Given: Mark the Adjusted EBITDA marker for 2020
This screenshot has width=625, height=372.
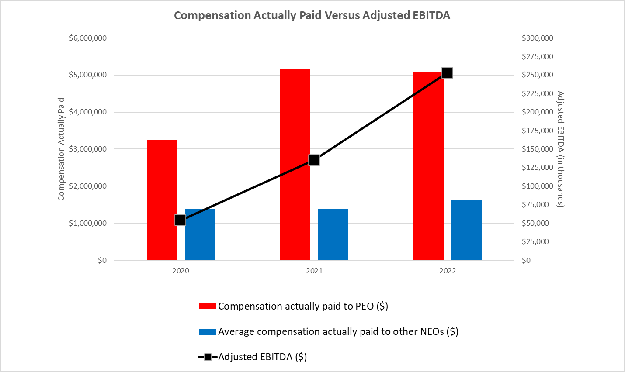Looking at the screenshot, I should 180,220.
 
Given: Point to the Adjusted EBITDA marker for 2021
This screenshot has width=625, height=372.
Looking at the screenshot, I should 314,160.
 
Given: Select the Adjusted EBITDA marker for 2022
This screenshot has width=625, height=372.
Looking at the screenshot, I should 447,72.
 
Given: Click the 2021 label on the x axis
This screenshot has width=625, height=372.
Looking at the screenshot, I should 314,271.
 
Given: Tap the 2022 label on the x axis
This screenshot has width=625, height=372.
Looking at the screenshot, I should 448,271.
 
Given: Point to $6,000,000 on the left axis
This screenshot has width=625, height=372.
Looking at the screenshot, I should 87,38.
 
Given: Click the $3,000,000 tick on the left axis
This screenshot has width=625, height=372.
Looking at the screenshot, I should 87,149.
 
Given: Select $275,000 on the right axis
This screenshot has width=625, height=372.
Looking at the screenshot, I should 537,56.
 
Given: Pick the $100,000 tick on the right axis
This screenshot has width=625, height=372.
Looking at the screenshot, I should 537,186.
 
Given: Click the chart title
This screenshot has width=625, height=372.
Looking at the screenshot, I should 312,15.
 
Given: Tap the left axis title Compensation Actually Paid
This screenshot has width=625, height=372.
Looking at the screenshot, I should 61,149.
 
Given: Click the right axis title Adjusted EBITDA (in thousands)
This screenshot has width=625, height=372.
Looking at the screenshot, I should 560,149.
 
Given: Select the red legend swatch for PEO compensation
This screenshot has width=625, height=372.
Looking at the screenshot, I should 207,307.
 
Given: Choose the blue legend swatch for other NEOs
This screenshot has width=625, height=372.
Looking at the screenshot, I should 207,332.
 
